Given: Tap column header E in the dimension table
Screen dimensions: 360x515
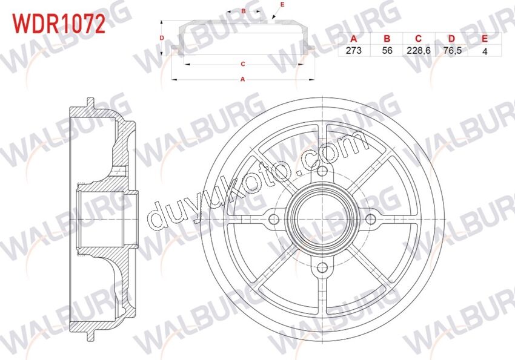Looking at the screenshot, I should click(x=484, y=39).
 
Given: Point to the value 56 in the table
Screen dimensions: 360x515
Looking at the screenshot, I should click(x=388, y=51).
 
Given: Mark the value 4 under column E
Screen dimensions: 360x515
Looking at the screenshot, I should click(x=484, y=51).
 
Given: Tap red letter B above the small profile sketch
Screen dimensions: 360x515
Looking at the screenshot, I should click(x=243, y=11).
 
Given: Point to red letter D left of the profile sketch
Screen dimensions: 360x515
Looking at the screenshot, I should click(x=162, y=38).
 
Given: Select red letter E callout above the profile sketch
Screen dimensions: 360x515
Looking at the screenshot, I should click(x=282, y=5).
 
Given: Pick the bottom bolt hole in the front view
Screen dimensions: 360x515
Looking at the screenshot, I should click(x=322, y=267).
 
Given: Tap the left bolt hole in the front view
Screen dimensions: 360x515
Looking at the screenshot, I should click(x=273, y=218).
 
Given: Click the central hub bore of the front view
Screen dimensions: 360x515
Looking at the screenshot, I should click(x=322, y=218).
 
